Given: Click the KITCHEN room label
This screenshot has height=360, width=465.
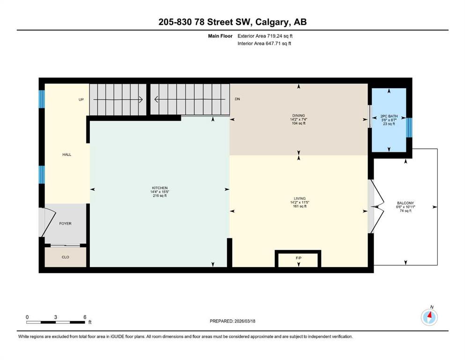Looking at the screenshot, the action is pyautogui.click(x=160, y=188).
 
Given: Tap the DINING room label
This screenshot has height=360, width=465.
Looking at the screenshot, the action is pyautogui.click(x=298, y=115).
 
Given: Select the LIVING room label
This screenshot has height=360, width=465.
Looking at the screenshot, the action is pyautogui.click(x=300, y=198).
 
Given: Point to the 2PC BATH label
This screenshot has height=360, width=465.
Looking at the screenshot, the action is pyautogui.click(x=389, y=116).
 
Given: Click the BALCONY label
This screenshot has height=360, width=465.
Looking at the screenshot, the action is pyautogui.click(x=406, y=203).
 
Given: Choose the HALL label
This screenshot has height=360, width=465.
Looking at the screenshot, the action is pyautogui.click(x=66, y=154).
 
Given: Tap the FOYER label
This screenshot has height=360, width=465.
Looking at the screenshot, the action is pyautogui.click(x=65, y=224).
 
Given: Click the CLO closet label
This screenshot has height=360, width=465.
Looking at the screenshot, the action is pyautogui.click(x=65, y=257).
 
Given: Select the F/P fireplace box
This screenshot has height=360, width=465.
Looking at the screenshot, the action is pyautogui.click(x=298, y=259).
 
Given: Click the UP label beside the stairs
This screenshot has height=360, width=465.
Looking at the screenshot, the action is pyautogui.click(x=81, y=99).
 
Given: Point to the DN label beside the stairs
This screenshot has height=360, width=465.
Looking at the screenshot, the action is pyautogui.click(x=237, y=99).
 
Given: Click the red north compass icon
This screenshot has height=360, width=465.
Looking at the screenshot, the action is pyautogui.click(x=429, y=317).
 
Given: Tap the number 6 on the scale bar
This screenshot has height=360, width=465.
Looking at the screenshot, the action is pyautogui.click(x=85, y=317).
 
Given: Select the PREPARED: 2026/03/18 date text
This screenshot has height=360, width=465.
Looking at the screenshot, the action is pyautogui.click(x=232, y=321).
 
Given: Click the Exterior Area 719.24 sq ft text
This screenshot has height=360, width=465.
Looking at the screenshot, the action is pyautogui.click(x=265, y=36).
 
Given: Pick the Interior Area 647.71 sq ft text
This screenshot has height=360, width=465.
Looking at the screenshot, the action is pyautogui.click(x=264, y=43).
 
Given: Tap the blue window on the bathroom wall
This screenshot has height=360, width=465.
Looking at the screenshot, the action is pyautogui.click(x=409, y=127).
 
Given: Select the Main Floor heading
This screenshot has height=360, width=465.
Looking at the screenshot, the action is pyautogui.click(x=220, y=36).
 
